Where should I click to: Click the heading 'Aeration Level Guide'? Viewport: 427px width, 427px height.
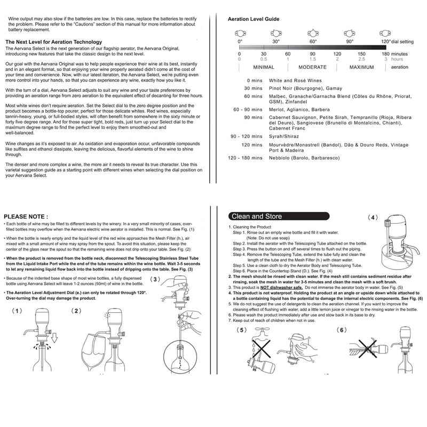254,19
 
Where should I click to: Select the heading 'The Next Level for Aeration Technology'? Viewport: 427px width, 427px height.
53,42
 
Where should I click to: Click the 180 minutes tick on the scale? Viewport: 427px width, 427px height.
385,54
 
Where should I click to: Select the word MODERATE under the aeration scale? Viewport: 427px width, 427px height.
313,67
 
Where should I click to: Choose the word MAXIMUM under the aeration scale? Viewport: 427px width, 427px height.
361,67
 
